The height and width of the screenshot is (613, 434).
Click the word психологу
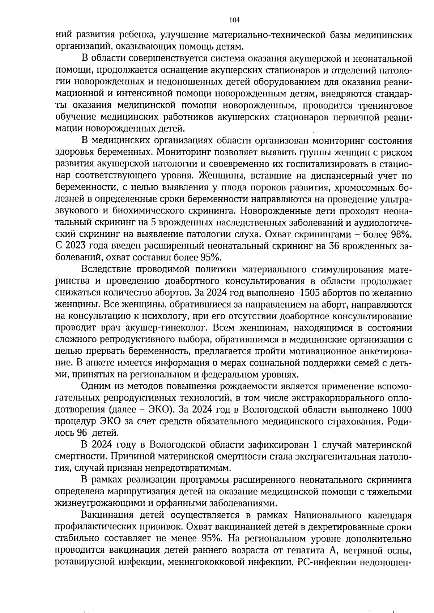(160, 316)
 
